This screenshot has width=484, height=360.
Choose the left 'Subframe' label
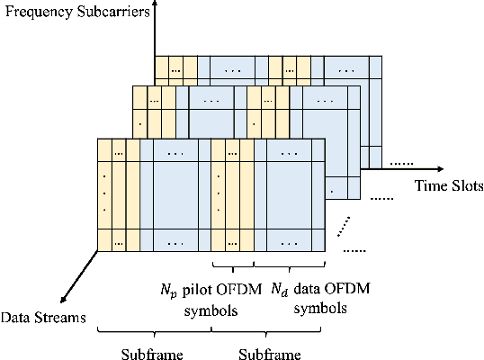(x=153, y=352)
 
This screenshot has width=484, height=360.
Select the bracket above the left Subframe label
(x=153, y=332)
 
